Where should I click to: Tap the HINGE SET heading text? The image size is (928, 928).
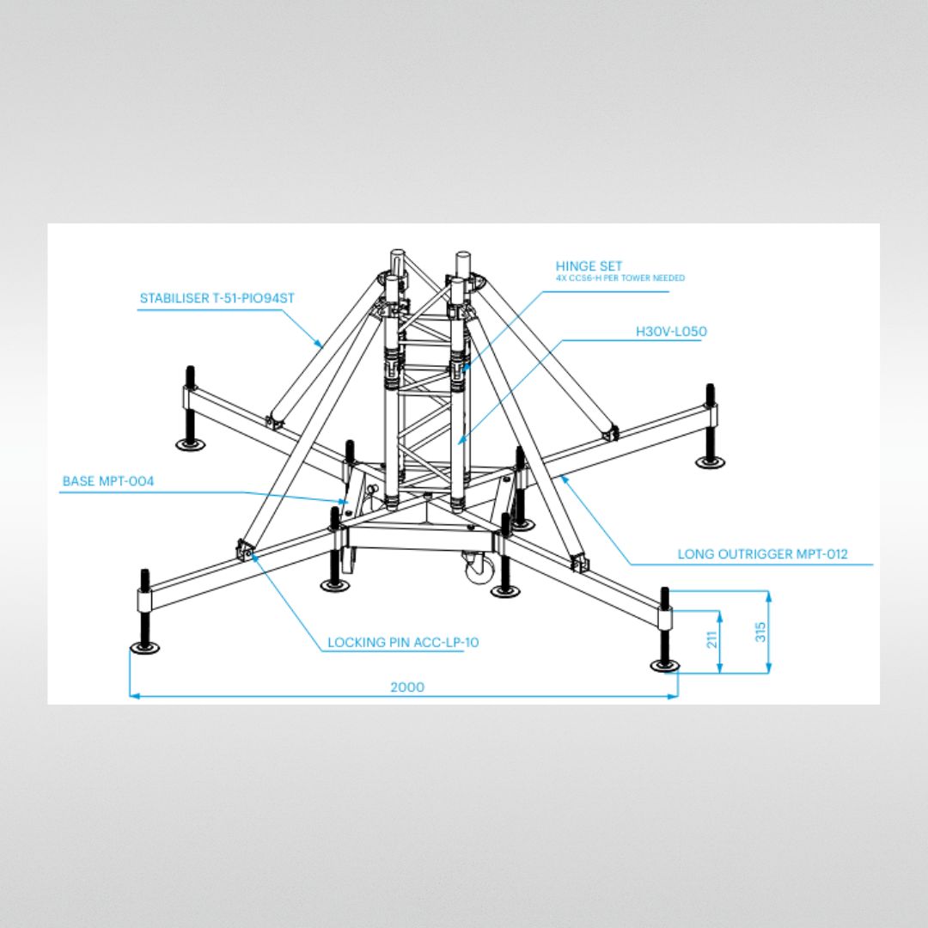tap(589, 266)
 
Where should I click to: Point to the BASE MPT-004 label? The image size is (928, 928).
tap(108, 481)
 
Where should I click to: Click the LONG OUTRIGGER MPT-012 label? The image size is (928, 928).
tap(762, 554)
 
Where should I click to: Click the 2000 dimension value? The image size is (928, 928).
tap(407, 687)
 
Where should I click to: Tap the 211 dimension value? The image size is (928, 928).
tap(711, 638)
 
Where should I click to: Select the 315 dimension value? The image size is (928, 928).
tap(760, 632)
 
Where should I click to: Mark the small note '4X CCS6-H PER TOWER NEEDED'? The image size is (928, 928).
tap(620, 278)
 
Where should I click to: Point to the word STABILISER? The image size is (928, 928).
tap(174, 299)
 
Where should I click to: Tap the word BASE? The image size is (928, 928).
tap(79, 481)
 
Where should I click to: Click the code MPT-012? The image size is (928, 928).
tap(820, 554)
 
